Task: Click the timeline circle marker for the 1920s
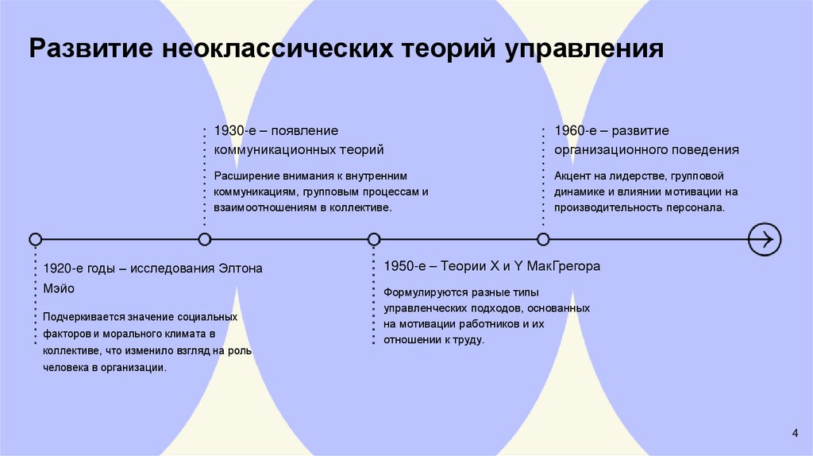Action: point(35,238)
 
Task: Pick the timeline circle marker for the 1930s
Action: point(205,238)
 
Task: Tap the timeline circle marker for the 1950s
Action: point(374,238)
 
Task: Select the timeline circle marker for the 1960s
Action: point(543,238)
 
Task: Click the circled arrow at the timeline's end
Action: point(765,238)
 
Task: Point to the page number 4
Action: point(795,432)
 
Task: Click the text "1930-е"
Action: point(232,129)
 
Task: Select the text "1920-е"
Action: point(62,269)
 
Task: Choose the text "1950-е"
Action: point(402,266)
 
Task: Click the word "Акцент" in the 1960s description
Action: point(573,176)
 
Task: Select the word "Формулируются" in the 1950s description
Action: point(422,292)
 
